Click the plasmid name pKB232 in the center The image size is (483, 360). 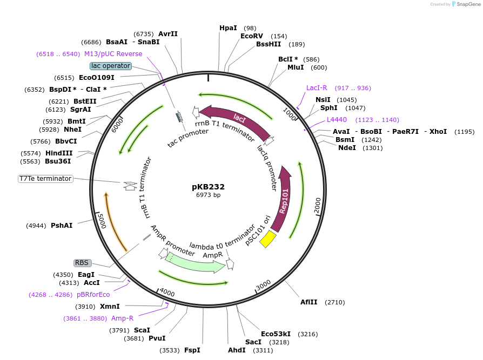[208, 187]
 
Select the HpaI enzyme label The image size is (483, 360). [228, 28]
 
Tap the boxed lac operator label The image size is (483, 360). [110, 66]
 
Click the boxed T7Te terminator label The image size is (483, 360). [45, 179]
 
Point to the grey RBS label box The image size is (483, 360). [82, 263]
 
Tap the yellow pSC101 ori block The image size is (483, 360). [268, 239]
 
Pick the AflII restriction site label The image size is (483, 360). [310, 302]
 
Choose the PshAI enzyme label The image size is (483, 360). [62, 225]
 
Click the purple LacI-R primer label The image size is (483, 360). [317, 88]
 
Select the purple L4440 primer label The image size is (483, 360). [337, 120]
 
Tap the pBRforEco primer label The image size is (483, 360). [93, 295]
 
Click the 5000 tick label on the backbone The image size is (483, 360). [101, 220]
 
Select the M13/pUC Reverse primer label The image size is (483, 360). [113, 54]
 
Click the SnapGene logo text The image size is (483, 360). [468, 4]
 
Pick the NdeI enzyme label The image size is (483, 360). [347, 148]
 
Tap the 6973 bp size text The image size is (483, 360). [208, 195]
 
